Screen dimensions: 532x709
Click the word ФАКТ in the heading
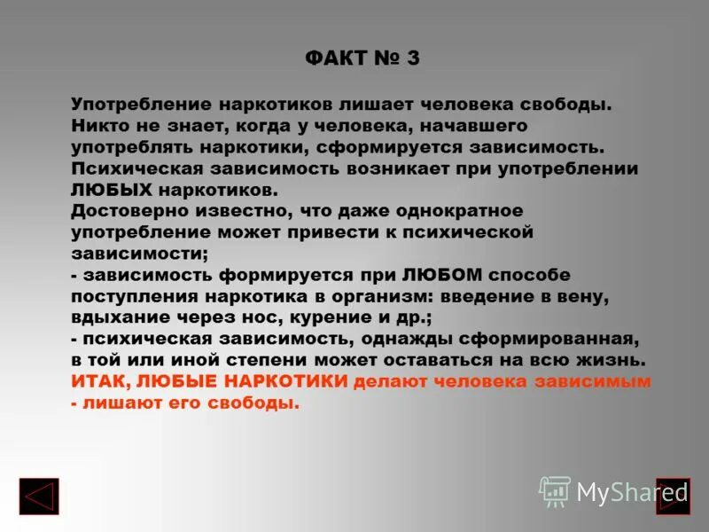coord(336,59)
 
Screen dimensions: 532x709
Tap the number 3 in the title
coord(413,59)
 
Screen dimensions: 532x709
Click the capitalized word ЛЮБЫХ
coord(113,189)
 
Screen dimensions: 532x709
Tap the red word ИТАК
coord(102,381)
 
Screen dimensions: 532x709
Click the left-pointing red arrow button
coord(39,497)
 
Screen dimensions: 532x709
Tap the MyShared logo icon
coord(555,490)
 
